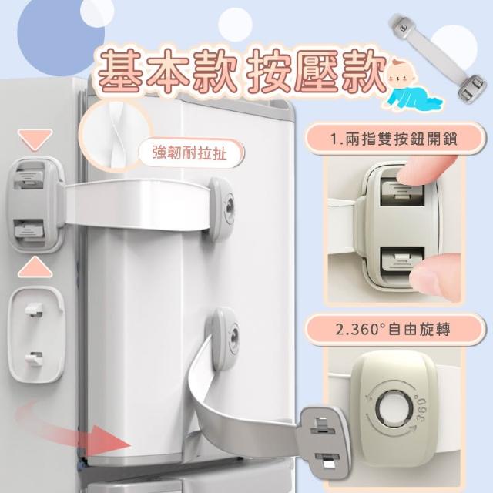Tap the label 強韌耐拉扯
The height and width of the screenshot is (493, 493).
coord(189,154)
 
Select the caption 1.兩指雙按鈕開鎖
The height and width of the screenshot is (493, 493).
coord(394,139)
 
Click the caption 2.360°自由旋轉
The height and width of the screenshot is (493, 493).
coord(393,329)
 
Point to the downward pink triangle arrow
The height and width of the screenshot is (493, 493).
coord(35,139)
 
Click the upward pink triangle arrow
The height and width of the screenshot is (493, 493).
coord(35,267)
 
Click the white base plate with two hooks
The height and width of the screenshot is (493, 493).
coord(36,335)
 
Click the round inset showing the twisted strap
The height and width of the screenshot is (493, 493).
coord(114,136)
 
